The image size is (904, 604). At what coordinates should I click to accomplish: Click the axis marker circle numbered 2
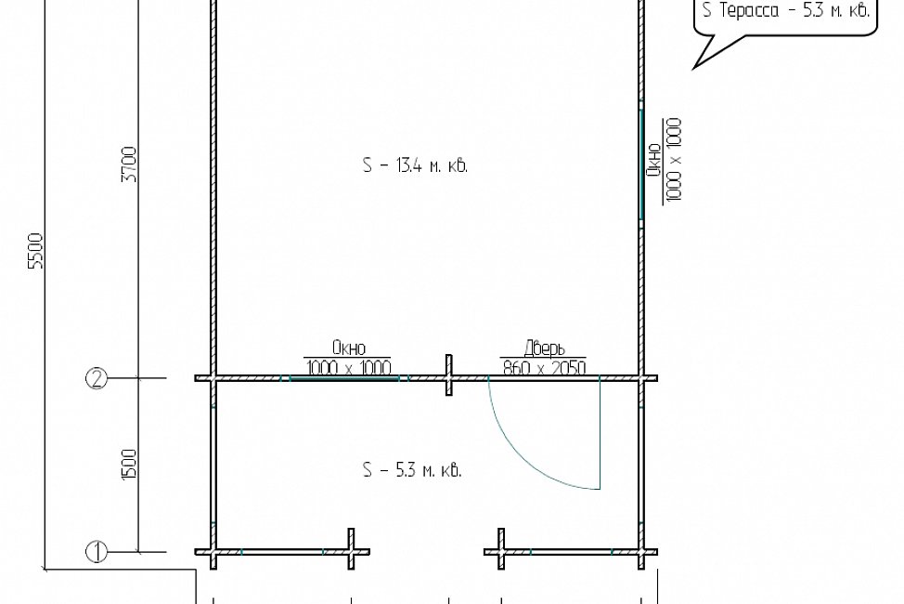click(x=97, y=379)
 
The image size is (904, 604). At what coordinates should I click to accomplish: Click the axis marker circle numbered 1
click(x=97, y=551)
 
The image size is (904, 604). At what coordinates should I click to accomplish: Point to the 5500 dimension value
click(x=36, y=251)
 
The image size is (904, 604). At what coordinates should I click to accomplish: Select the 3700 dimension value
click(x=130, y=164)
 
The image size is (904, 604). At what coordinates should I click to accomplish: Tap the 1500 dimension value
click(x=130, y=464)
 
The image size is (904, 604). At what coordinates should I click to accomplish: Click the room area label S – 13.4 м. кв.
click(x=415, y=165)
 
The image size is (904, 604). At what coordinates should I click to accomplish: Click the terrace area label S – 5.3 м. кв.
click(x=412, y=470)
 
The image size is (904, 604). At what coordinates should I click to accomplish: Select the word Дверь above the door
click(x=544, y=348)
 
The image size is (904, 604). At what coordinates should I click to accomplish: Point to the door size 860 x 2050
click(x=544, y=367)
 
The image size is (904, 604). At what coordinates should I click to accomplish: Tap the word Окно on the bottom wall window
click(x=349, y=348)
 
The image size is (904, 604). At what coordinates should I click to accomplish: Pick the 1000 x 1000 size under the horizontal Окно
click(x=349, y=367)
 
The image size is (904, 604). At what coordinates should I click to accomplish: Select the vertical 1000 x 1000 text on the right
click(x=674, y=160)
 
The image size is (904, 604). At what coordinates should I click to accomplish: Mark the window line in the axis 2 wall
click(x=344, y=379)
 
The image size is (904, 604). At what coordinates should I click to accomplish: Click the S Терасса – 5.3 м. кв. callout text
click(x=786, y=10)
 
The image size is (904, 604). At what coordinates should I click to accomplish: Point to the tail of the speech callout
click(x=694, y=68)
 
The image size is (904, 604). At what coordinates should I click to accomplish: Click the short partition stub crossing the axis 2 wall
click(x=448, y=375)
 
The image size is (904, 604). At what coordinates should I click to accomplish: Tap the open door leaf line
click(x=601, y=434)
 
